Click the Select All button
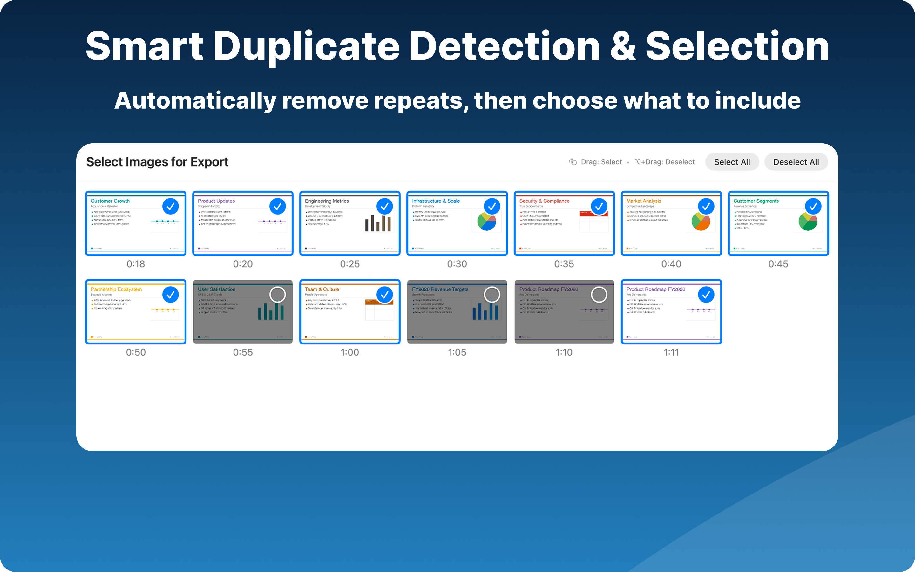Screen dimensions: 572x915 732,162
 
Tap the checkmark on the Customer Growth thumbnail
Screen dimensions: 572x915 171,206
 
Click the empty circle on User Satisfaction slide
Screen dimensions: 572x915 278,294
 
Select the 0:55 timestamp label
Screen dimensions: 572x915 243,352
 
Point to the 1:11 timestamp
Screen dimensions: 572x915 671,352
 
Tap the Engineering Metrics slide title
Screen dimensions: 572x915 327,201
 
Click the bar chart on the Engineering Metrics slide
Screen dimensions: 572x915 378,223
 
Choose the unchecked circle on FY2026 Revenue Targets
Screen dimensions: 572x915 492,294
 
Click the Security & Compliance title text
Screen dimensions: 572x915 544,201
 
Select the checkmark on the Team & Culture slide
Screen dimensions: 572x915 384,294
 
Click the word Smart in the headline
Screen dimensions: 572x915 144,46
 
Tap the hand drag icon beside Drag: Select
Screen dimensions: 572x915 573,162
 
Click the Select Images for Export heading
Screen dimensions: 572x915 157,162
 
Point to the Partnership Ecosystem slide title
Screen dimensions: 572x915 116,289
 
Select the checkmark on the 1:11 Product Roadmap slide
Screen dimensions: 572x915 706,294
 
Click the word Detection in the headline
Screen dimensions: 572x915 505,46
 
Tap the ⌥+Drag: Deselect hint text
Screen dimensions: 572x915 665,162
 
